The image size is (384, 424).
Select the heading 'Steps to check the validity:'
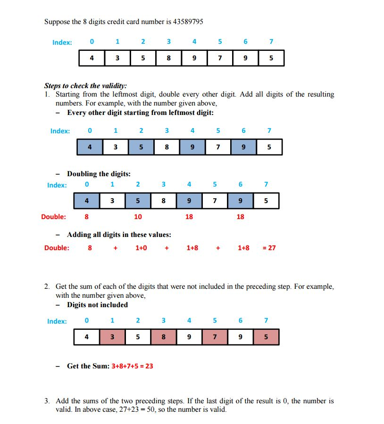85,86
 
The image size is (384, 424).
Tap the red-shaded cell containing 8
163,337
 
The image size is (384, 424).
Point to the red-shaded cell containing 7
214,337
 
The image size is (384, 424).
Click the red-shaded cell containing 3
112,337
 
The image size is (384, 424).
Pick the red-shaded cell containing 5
266,337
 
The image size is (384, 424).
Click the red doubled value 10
138,217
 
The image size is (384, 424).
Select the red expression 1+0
141,248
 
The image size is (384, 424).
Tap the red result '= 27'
269,248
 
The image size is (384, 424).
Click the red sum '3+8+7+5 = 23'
132,366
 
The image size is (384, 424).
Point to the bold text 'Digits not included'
97,305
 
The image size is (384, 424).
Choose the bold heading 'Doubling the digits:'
99,174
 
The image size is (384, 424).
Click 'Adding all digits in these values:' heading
119,235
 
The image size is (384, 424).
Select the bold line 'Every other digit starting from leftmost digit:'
141,113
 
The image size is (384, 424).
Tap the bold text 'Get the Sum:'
88,366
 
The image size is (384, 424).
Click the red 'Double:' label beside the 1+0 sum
57,248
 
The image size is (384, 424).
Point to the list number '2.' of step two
47,286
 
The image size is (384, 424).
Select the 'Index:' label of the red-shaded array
57,321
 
